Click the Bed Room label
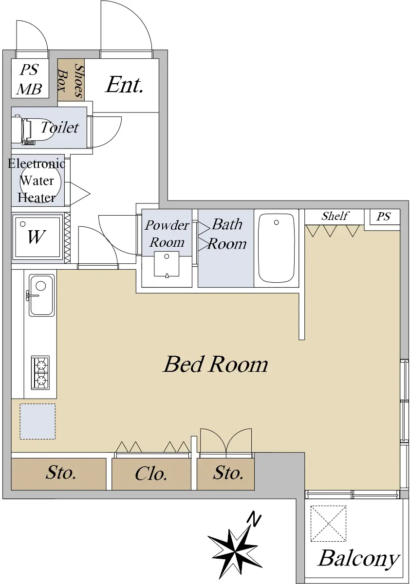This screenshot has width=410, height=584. [215, 364]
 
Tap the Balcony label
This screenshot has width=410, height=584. [358, 559]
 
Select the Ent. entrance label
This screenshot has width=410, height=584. [124, 85]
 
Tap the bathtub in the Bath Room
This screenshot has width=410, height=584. [276, 248]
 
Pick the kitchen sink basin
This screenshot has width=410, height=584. [42, 295]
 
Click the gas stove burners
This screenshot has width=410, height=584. [40, 373]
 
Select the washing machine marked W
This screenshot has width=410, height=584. [37, 237]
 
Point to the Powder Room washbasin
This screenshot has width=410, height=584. [167, 264]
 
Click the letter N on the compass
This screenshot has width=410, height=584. [254, 519]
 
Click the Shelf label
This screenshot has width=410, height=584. [335, 216]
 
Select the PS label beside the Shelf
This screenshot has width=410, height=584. [383, 217]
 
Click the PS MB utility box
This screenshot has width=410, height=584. [30, 78]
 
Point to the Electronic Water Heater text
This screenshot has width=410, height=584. [36, 181]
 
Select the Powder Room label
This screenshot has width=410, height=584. [167, 233]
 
